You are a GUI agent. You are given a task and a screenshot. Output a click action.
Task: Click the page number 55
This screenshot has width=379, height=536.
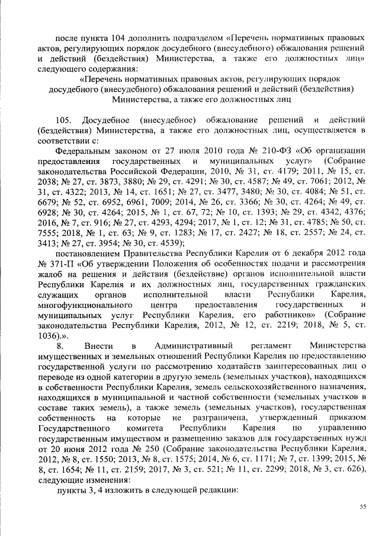coord(363,506)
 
